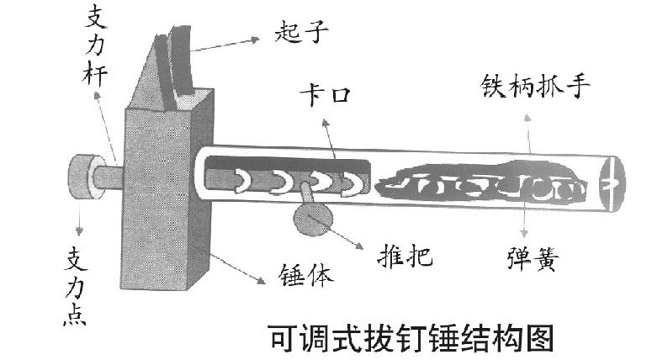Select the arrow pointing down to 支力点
click(x=79, y=215)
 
